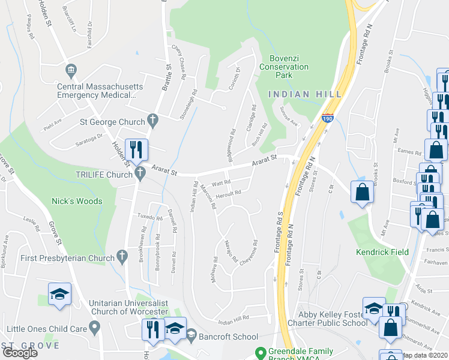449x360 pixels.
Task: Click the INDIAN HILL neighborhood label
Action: tap(306, 94)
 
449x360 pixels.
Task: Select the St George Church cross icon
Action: tap(153, 121)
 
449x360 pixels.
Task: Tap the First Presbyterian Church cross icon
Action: tap(122, 257)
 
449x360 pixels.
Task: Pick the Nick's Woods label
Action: tap(76, 201)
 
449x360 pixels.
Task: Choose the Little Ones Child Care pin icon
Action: tap(94, 328)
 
